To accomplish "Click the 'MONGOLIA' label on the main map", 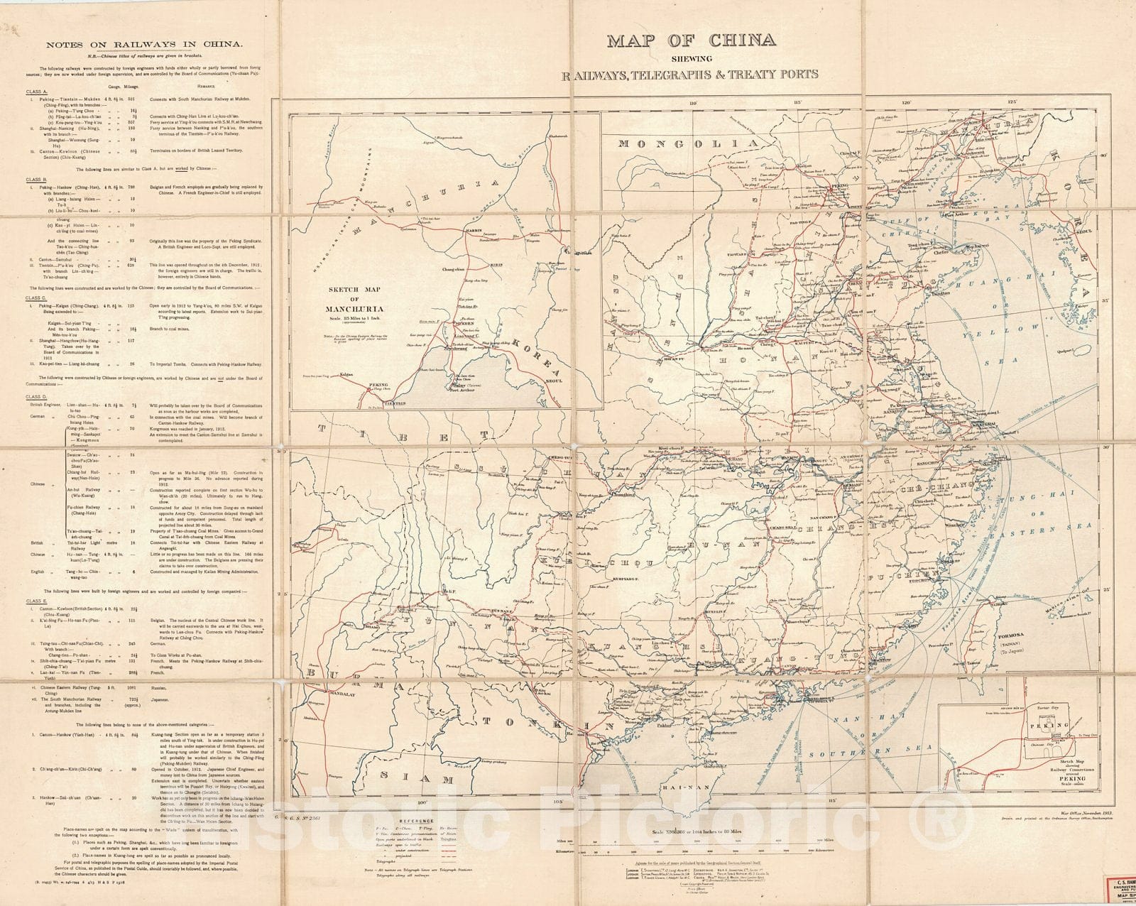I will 674,143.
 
